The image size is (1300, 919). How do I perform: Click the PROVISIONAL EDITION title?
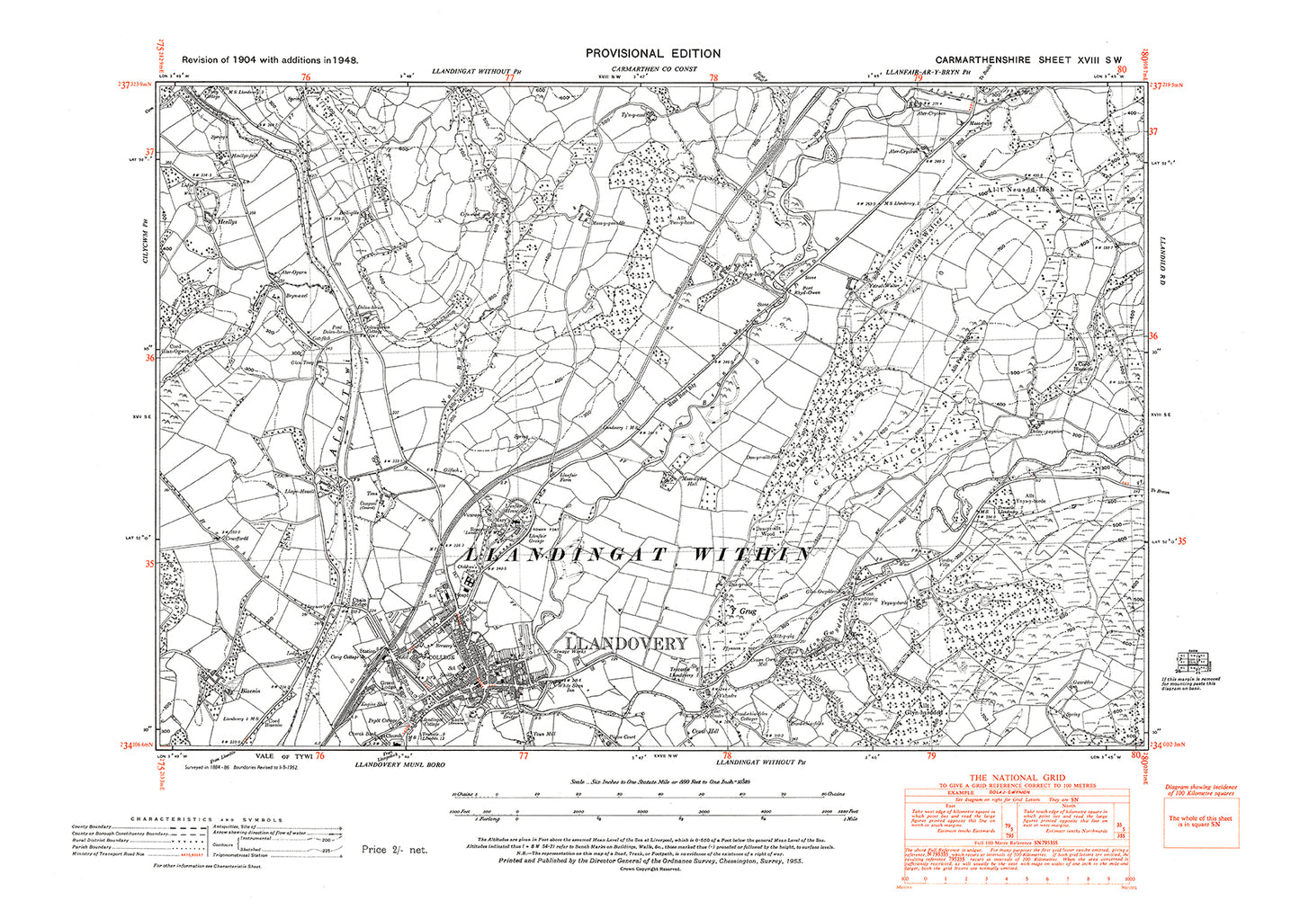pos(652,54)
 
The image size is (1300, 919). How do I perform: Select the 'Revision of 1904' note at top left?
pos(270,59)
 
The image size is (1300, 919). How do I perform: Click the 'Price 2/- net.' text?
pos(395,849)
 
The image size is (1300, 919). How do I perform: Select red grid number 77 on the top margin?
pos(510,78)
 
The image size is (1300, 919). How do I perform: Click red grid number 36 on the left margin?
pos(149,358)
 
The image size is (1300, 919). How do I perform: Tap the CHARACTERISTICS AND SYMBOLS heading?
pos(207,820)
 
